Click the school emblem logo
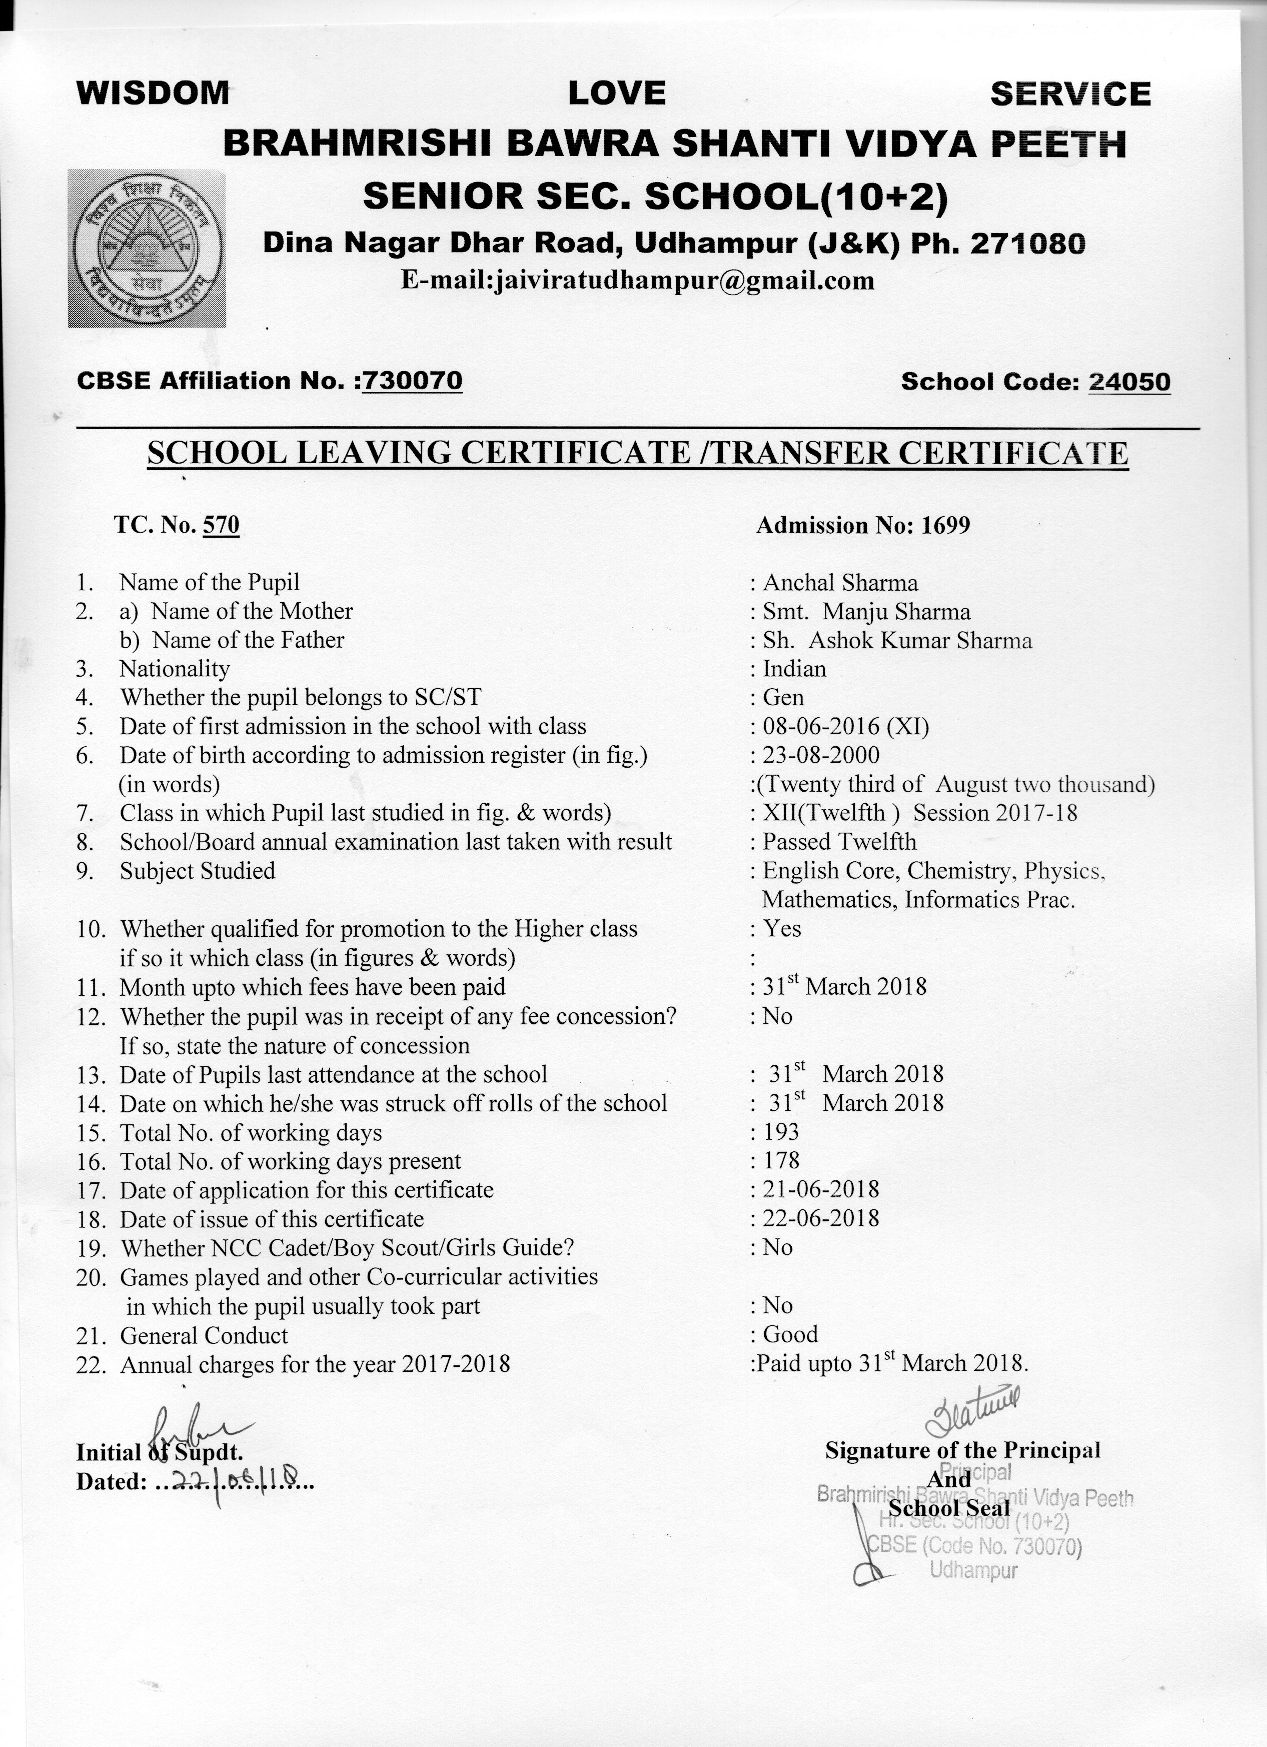(147, 248)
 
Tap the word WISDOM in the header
(153, 93)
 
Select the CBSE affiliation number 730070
(412, 381)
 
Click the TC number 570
(221, 525)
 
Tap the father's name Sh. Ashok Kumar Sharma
(897, 641)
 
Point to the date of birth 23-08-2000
(821, 755)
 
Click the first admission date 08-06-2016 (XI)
(846, 726)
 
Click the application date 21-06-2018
(820, 1189)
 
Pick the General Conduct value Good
(790, 1334)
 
